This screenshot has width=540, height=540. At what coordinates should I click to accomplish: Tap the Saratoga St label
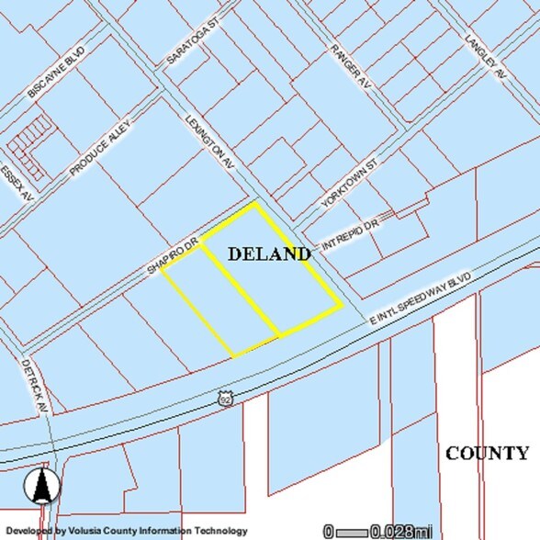pos(190,42)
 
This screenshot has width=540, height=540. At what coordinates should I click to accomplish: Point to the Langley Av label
pos(486,58)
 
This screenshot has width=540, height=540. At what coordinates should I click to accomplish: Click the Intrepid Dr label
pos(350,236)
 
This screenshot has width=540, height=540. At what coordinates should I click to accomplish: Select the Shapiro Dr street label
pos(174,258)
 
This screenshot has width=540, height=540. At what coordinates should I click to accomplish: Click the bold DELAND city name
pos(268,253)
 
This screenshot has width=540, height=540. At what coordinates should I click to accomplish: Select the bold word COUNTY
pos(487,453)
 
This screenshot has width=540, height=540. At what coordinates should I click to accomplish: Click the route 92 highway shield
pos(225,398)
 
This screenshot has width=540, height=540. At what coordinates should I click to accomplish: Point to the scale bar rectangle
pos(352,531)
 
